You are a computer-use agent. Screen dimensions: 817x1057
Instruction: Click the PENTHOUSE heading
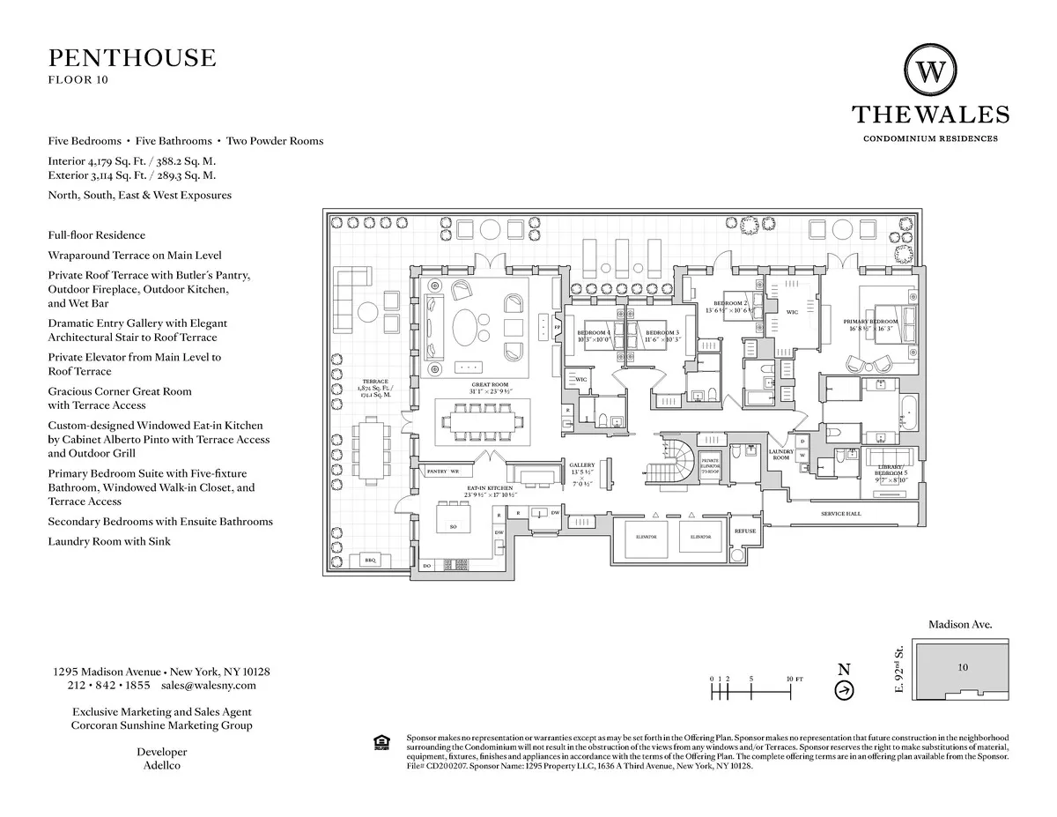tap(132, 58)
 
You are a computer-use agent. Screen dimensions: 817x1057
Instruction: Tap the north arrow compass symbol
tap(845, 691)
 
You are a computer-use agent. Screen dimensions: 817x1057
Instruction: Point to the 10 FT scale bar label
tap(794, 679)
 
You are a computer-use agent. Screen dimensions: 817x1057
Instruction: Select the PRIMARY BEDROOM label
tap(869, 323)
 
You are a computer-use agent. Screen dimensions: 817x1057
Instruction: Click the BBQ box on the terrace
tap(370, 560)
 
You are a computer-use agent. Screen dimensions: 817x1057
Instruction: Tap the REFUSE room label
tap(745, 531)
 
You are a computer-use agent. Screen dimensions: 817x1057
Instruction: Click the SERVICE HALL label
tap(839, 514)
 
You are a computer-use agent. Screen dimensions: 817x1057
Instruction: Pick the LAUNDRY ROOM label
tap(780, 455)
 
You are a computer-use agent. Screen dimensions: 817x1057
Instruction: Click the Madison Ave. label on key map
tap(960, 624)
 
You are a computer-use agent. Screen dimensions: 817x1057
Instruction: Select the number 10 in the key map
tap(962, 667)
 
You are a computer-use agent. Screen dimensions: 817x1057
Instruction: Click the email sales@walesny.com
tap(209, 685)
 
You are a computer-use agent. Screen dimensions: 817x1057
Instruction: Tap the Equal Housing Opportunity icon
tap(381, 742)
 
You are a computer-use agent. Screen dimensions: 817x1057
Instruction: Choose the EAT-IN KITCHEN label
tap(489, 487)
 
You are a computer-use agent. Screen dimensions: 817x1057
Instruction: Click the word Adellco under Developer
tap(161, 766)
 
